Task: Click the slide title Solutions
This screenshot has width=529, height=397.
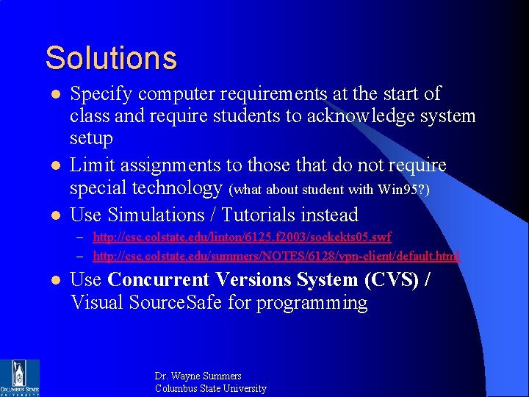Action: tap(111, 58)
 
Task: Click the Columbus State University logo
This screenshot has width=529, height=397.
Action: tap(20, 377)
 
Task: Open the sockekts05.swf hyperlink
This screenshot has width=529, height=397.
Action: tap(242, 237)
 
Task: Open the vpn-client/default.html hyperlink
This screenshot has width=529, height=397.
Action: tap(276, 256)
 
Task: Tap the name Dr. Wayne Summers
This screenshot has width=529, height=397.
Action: tap(198, 376)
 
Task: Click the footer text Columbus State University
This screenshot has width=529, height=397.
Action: tap(210, 388)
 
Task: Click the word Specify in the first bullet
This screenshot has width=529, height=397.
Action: tap(101, 94)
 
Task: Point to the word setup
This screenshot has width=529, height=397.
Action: tap(91, 139)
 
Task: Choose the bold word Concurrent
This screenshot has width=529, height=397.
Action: tap(161, 280)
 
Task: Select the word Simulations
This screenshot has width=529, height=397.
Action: tap(155, 215)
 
